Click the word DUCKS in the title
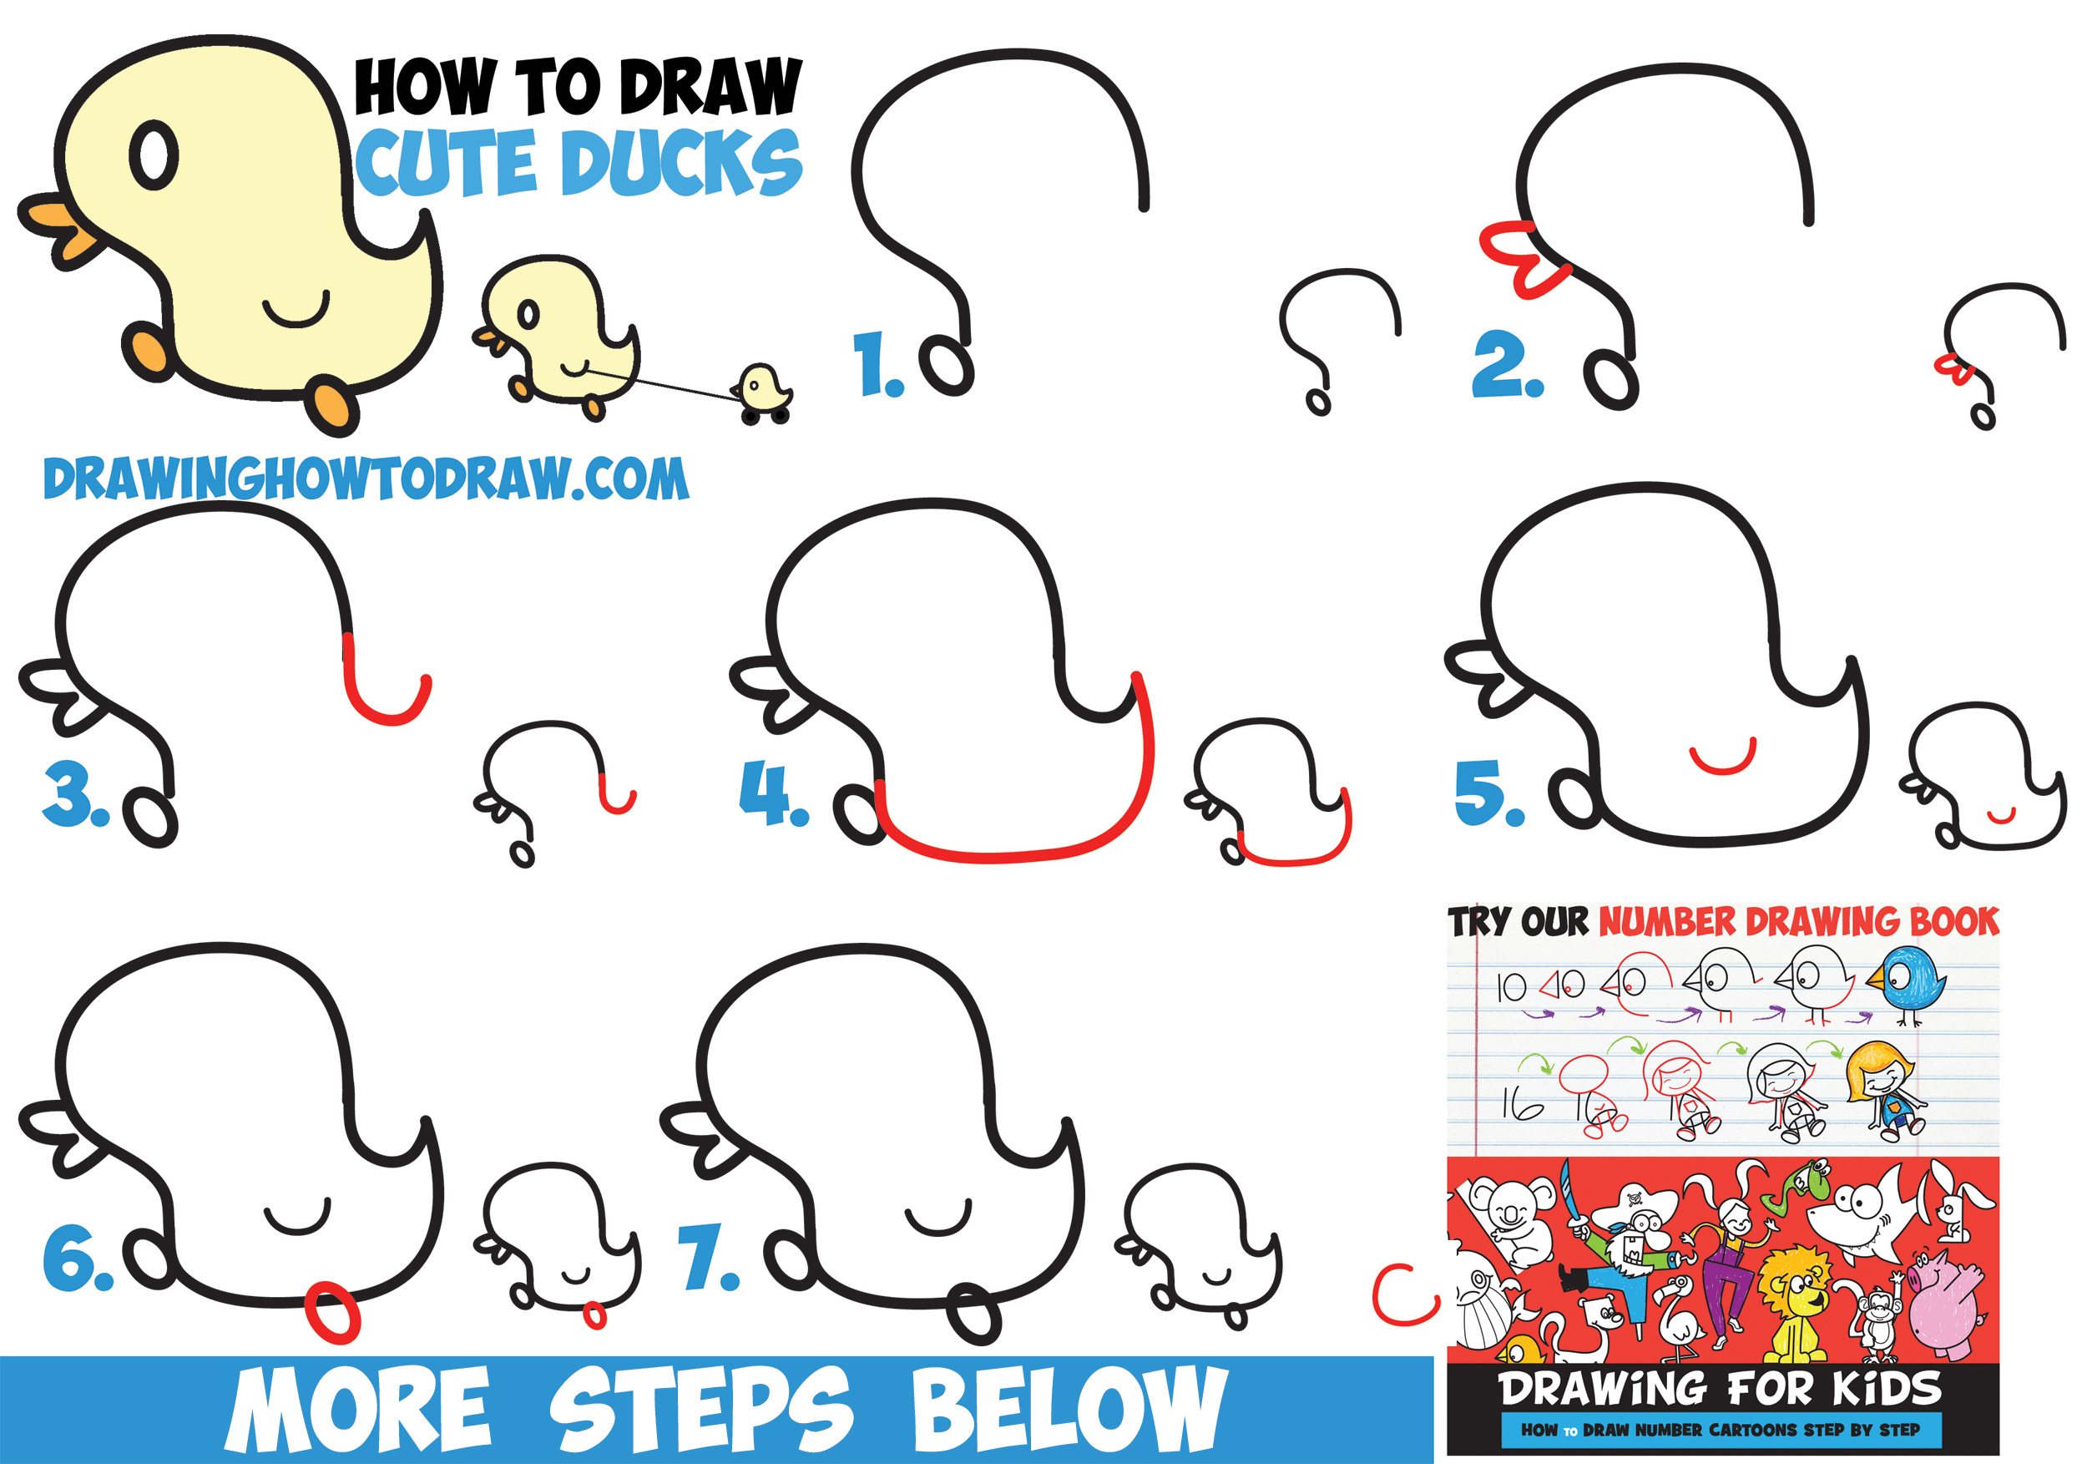click(x=682, y=164)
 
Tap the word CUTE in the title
click(x=446, y=164)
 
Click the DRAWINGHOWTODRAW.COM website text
click(x=366, y=479)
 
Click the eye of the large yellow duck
click(x=154, y=156)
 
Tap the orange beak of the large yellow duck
click(x=58, y=230)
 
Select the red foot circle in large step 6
click(x=333, y=1312)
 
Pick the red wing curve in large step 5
click(x=1722, y=760)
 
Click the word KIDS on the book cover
click(x=1886, y=1389)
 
